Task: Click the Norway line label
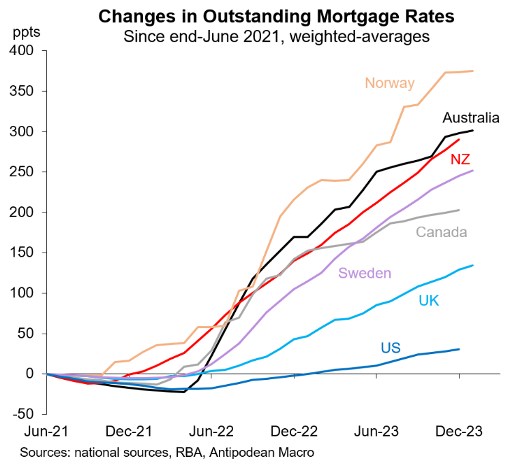(389, 84)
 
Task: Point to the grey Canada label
(441, 232)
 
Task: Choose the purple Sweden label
(365, 274)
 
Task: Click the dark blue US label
(390, 349)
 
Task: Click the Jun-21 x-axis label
(45, 432)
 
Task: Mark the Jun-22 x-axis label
(211, 432)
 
